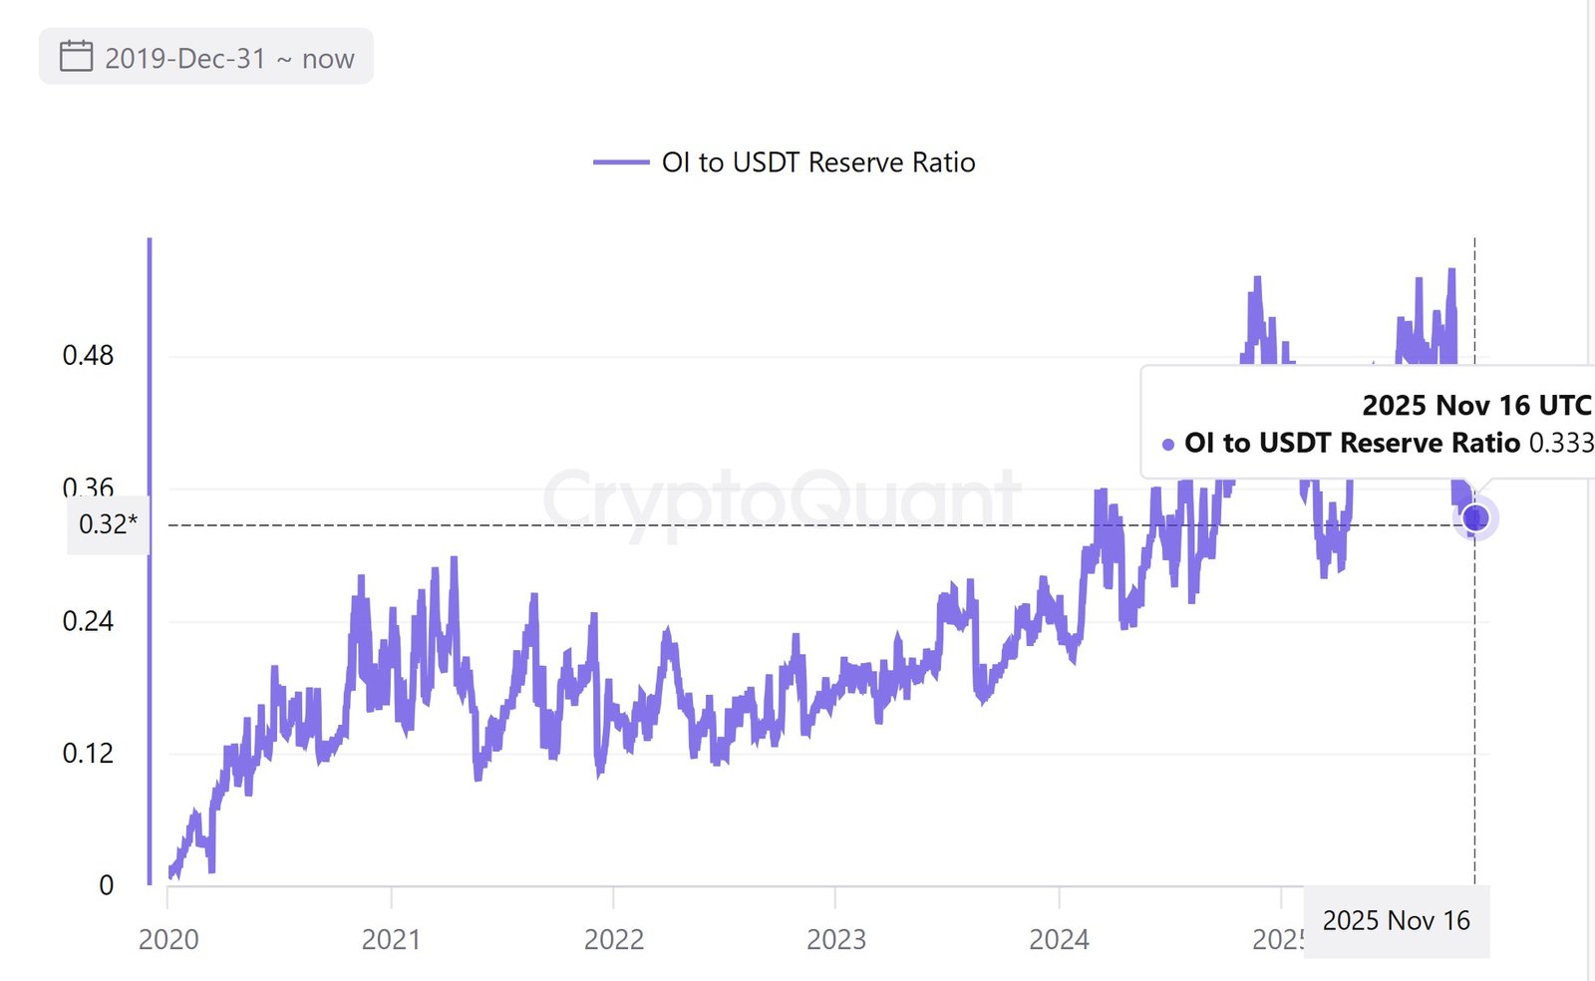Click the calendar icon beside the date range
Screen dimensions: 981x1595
click(76, 57)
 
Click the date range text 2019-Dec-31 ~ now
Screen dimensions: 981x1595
click(229, 59)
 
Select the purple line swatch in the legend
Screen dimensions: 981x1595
click(621, 163)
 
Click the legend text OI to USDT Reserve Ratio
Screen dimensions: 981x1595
click(818, 163)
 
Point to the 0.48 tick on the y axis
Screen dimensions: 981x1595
click(89, 355)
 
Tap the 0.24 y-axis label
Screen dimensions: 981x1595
click(89, 621)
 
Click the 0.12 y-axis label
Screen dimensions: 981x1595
click(89, 753)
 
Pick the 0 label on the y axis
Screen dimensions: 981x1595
click(107, 884)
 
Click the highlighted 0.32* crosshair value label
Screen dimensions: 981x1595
click(108, 524)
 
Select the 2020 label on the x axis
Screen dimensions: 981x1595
click(168, 939)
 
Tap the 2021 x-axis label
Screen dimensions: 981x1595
click(391, 939)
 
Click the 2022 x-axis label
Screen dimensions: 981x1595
click(614, 939)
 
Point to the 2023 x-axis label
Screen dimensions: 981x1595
click(836, 939)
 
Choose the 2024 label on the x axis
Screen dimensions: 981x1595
click(1059, 939)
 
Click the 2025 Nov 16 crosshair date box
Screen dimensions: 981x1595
click(1396, 921)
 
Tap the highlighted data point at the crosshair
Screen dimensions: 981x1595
click(1475, 518)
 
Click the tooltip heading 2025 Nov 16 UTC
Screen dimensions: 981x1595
click(1476, 406)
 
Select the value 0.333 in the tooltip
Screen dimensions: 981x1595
click(1561, 443)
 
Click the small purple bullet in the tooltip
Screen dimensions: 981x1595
click(1168, 445)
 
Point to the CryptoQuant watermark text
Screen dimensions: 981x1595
click(782, 498)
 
